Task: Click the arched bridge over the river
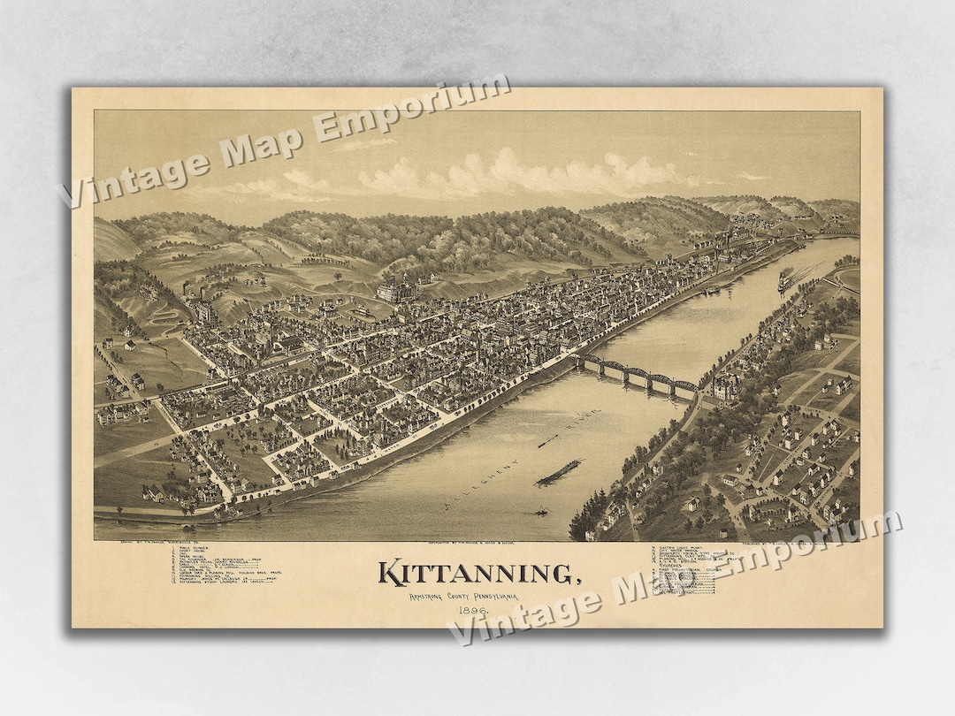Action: [x=637, y=374]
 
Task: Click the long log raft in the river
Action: [x=559, y=473]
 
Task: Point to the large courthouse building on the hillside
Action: [x=397, y=291]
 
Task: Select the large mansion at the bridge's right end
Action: [x=726, y=385]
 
